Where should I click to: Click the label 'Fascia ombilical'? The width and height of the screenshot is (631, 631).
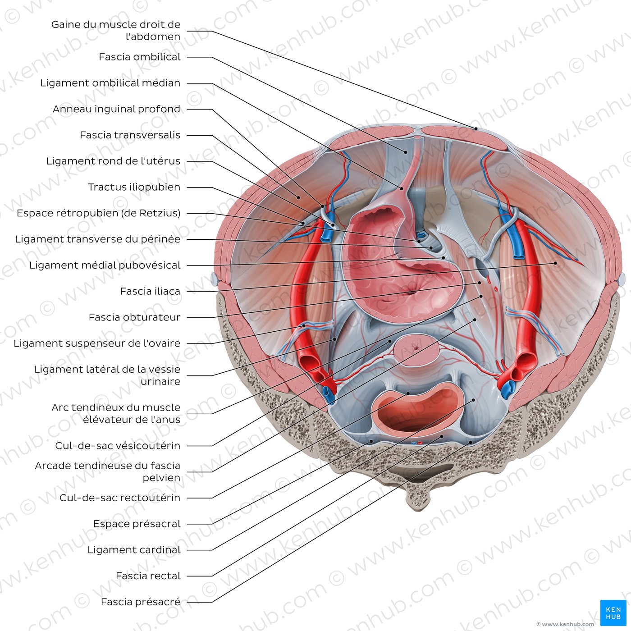(139, 57)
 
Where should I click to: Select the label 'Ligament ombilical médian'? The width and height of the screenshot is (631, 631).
(110, 83)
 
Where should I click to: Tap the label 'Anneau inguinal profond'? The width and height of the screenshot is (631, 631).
(116, 109)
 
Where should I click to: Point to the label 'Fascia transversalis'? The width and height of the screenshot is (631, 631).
(130, 135)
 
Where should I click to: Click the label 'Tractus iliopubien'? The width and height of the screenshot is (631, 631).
(134, 187)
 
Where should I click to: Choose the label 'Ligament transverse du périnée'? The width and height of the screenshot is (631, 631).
(98, 239)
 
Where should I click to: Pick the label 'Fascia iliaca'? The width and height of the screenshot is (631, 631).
(150, 291)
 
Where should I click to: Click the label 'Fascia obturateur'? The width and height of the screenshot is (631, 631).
(134, 317)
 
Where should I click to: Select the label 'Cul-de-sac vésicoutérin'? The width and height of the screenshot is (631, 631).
(118, 446)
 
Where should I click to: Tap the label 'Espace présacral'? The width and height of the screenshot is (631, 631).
(137, 524)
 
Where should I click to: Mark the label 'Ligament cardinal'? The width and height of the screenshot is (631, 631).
(133, 550)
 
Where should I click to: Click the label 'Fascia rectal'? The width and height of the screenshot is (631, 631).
(148, 576)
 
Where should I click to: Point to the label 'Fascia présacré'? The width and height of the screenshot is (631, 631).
(141, 602)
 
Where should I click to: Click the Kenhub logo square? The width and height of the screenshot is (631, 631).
(613, 613)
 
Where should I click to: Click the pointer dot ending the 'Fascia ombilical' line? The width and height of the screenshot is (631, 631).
(405, 152)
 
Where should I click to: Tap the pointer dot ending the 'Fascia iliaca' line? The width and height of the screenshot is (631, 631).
(555, 263)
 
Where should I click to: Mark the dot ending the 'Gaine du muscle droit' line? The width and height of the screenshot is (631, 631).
(476, 129)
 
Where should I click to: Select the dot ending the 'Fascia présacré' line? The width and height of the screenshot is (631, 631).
(471, 443)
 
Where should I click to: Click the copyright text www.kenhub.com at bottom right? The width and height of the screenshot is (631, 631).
(565, 624)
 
